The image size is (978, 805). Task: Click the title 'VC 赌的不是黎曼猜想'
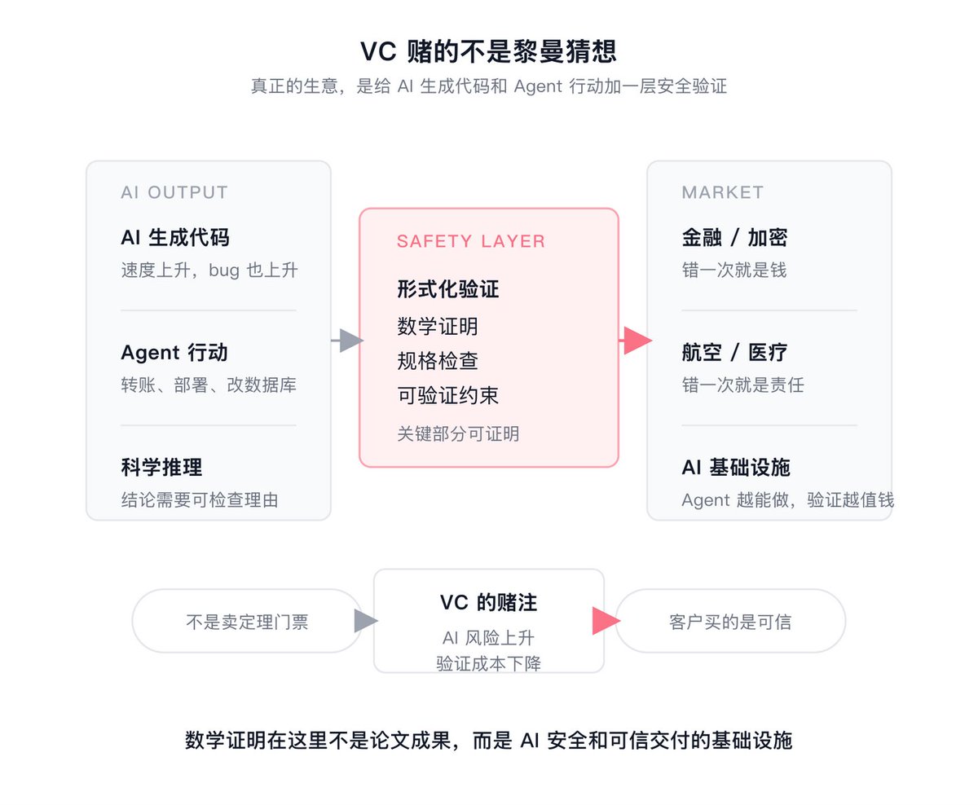tap(489, 51)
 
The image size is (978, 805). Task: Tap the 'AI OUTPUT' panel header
tap(174, 192)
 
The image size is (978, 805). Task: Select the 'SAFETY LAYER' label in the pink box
tap(471, 241)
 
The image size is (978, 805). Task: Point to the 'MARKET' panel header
tap(722, 192)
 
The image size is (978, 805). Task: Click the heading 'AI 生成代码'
tap(175, 237)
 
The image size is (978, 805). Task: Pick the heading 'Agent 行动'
tap(174, 353)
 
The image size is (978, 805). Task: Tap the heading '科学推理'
tap(162, 467)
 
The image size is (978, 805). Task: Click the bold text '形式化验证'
tap(448, 289)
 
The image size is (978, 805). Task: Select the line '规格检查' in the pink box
tap(438, 361)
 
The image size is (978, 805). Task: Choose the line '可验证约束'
tap(448, 395)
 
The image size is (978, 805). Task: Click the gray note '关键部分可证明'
tap(458, 434)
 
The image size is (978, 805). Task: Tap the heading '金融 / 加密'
tap(734, 237)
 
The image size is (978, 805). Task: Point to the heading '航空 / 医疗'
tap(734, 353)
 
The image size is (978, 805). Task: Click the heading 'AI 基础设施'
tap(736, 467)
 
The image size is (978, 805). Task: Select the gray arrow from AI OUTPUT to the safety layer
tap(347, 341)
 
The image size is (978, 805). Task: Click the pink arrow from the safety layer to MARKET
tap(636, 341)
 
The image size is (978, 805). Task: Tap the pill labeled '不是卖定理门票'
tap(247, 621)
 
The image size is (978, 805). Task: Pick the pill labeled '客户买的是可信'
tap(730, 621)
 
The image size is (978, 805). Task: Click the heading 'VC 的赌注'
tap(489, 603)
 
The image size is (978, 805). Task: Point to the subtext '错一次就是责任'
tap(743, 385)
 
